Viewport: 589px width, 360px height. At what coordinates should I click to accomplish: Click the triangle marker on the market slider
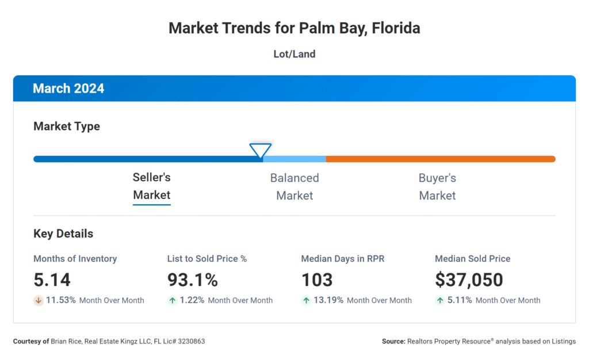point(260,151)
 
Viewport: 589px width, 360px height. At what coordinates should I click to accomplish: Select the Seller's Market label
point(152,186)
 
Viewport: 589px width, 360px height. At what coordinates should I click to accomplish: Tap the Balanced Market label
point(294,186)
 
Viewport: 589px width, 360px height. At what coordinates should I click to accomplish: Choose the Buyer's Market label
point(437,186)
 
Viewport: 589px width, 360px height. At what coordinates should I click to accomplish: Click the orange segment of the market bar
point(440,159)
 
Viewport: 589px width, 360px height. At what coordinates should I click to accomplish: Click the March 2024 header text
point(68,89)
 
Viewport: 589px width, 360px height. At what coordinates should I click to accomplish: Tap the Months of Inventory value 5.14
point(52,280)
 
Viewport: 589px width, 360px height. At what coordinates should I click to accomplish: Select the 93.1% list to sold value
point(193,280)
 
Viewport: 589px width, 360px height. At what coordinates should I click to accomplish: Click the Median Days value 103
point(317,280)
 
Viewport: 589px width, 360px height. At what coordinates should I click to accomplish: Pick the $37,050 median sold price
point(469,280)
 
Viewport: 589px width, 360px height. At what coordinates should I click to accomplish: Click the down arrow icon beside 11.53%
point(39,300)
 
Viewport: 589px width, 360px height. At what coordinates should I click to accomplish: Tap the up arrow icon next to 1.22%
point(172,300)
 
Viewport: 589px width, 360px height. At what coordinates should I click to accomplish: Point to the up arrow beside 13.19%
point(306,300)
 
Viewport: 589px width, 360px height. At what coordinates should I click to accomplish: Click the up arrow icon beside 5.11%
point(440,300)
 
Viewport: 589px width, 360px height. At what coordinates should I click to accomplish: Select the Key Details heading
point(63,234)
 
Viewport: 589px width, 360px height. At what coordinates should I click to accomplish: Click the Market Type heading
point(67,127)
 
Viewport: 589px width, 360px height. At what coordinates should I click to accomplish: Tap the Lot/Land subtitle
point(294,55)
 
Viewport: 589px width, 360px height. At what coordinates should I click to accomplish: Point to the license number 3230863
point(190,342)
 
